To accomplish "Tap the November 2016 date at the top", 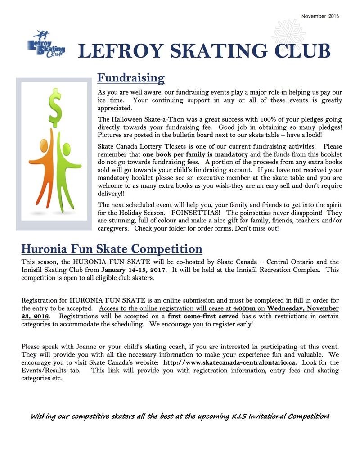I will (320, 16).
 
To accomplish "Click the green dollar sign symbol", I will (55, 107).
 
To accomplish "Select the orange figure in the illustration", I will (45, 167).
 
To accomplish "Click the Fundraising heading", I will (131, 78).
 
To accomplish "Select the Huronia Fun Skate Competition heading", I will (112, 249).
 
